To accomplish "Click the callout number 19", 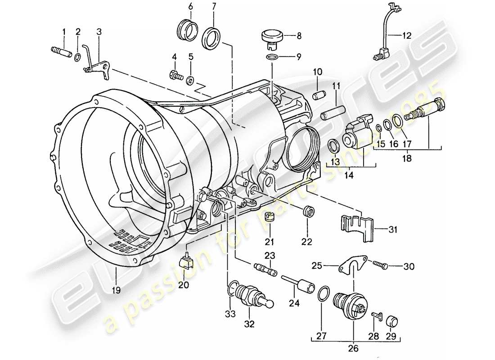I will [117, 290].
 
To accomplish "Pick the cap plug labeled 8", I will [270, 37].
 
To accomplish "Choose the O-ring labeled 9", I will [272, 57].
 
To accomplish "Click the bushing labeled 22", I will [307, 211].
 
